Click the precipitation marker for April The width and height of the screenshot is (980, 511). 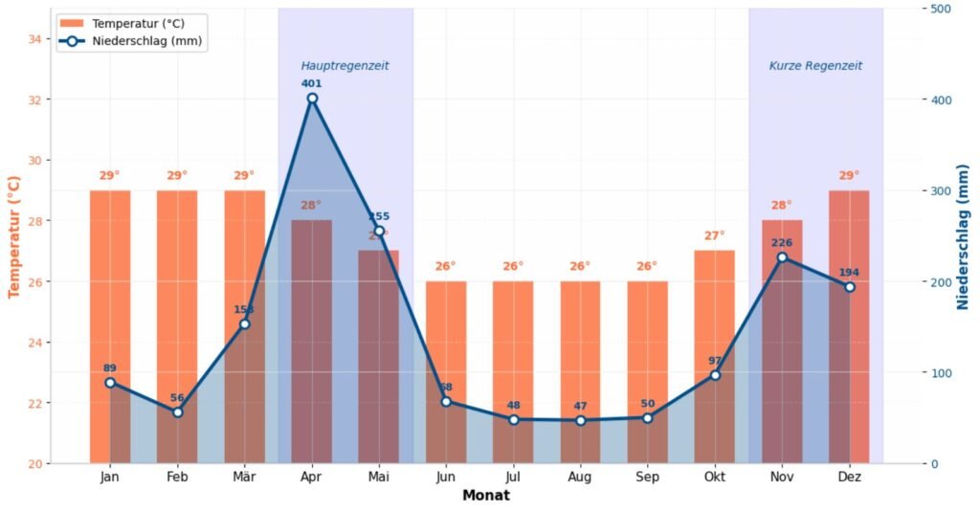coord(312,99)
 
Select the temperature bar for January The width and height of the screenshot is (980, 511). coord(110,287)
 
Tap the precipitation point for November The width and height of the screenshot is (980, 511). coord(782,257)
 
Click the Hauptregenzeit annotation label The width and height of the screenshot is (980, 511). coord(345,66)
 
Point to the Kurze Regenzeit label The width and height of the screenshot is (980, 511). coord(815,66)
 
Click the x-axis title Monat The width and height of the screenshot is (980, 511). coord(485,496)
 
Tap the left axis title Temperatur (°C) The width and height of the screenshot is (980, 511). coord(14,236)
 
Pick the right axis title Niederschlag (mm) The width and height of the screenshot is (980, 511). coord(964,236)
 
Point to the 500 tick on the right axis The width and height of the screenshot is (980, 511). coord(940,9)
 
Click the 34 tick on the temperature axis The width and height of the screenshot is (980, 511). coord(34,39)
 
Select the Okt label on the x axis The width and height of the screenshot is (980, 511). coord(715,477)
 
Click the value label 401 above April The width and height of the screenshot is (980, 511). coord(312,83)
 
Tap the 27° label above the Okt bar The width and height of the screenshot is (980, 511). coord(715,235)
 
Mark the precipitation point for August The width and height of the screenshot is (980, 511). coord(580,421)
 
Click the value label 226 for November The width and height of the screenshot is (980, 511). coord(782,242)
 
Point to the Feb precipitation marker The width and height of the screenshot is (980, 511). coord(177,412)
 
